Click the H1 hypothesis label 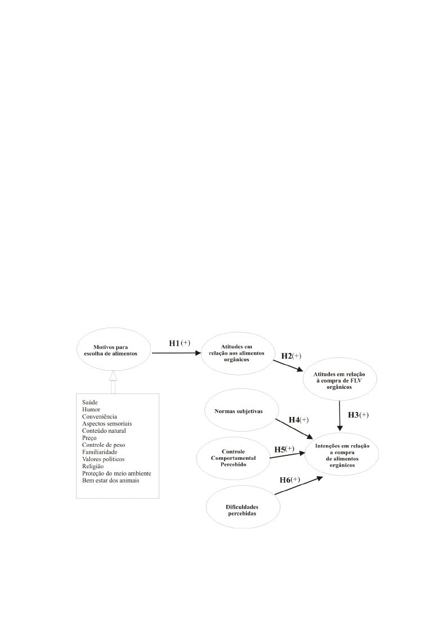[x=180, y=343]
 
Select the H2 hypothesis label [x=291, y=356]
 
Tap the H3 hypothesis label [x=358, y=415]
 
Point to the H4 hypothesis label [x=299, y=420]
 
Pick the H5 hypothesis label [x=284, y=450]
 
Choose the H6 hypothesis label [x=290, y=479]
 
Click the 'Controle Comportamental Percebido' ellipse [x=234, y=458]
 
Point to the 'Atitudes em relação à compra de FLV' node [x=340, y=379]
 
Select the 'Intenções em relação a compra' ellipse [x=342, y=455]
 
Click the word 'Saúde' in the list [x=90, y=402]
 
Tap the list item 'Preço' [x=90, y=438]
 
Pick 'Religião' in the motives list [x=93, y=467]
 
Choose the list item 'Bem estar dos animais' [x=111, y=481]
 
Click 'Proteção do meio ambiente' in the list [x=117, y=474]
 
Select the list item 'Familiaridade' [x=100, y=452]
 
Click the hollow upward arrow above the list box [x=113, y=382]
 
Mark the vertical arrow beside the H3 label [x=340, y=415]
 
